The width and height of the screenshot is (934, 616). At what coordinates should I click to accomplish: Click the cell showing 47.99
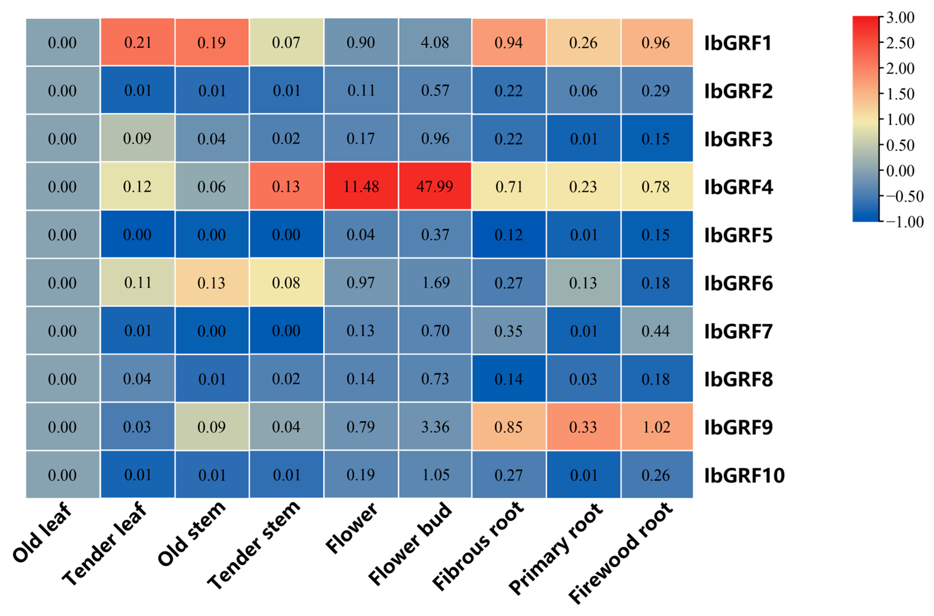(435, 186)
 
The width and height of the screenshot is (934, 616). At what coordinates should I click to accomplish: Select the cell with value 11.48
(361, 186)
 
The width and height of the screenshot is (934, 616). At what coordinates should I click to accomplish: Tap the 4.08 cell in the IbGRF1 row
(435, 42)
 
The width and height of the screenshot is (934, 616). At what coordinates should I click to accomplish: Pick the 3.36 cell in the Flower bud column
(435, 427)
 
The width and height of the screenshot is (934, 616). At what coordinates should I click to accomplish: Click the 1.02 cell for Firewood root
(656, 427)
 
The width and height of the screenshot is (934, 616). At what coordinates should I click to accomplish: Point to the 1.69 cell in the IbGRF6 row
(435, 283)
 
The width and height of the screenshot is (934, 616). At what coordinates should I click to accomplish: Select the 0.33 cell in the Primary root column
(583, 427)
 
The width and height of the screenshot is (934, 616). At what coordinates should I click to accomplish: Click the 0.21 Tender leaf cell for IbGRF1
(137, 42)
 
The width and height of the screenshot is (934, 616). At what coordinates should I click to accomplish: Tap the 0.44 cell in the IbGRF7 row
(656, 331)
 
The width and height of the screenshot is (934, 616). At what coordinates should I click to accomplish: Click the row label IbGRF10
(744, 475)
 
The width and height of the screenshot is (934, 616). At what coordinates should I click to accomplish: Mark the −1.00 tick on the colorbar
(904, 222)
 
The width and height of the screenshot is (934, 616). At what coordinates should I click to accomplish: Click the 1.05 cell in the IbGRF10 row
(435, 475)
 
